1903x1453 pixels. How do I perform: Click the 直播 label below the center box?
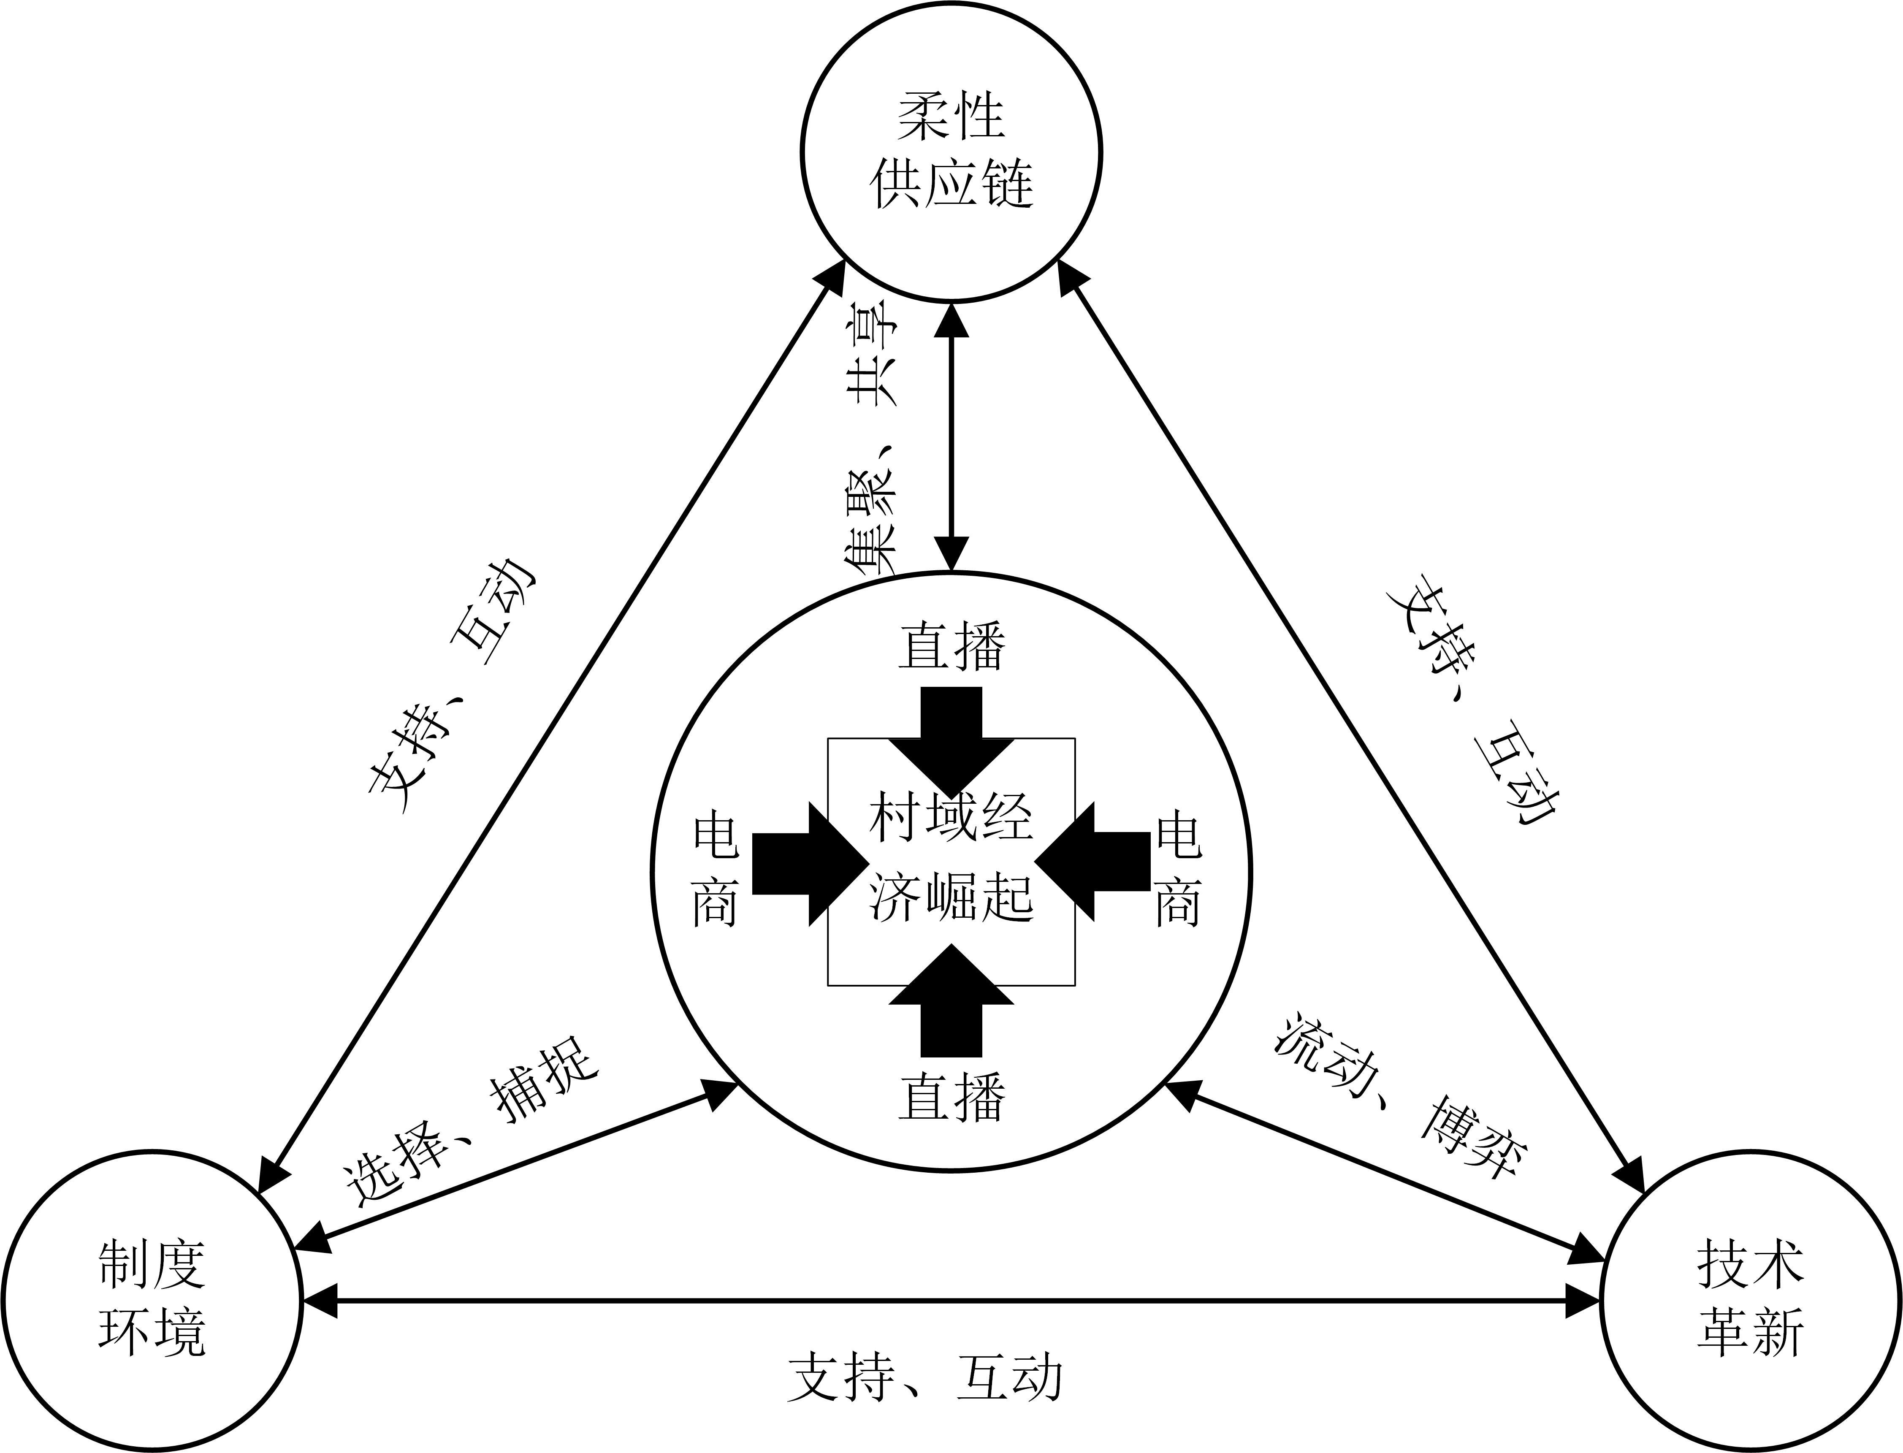(951, 1097)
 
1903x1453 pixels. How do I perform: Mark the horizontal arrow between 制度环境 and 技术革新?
(951, 1300)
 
